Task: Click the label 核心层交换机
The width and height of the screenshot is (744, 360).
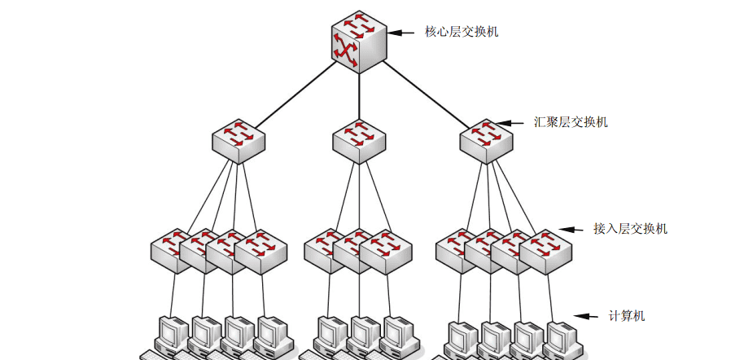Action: tap(462, 33)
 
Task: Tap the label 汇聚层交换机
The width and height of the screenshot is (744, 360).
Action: tap(571, 122)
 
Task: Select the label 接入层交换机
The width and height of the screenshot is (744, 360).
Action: tap(630, 229)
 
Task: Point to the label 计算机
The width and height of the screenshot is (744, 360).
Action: tap(627, 316)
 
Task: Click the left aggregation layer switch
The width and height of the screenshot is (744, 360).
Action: tap(239, 139)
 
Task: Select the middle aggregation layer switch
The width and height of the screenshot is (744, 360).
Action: tap(358, 139)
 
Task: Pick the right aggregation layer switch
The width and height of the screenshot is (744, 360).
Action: tap(486, 139)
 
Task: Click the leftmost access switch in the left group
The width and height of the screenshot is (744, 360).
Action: tap(173, 248)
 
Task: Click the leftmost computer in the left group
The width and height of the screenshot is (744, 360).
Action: tap(173, 334)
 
